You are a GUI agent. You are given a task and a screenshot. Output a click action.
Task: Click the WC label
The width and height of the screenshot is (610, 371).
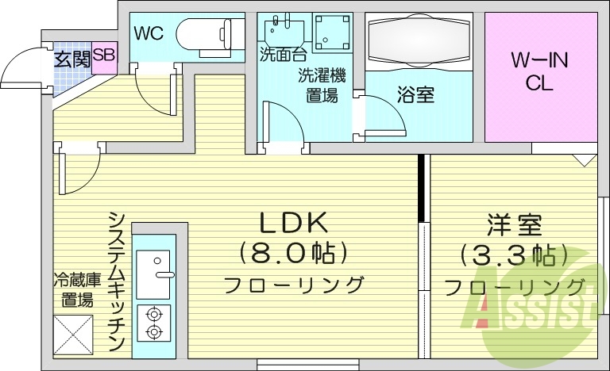[149, 33]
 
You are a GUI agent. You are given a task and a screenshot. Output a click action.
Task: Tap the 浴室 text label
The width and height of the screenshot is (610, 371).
[415, 95]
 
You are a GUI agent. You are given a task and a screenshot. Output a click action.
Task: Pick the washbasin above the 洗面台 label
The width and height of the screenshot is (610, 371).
[281, 29]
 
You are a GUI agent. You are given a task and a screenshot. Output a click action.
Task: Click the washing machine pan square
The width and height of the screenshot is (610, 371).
[331, 32]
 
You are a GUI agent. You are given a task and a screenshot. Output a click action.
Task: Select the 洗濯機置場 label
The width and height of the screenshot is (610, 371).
[322, 86]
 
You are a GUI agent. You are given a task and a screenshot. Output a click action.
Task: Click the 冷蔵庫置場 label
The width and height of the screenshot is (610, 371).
[77, 289]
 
